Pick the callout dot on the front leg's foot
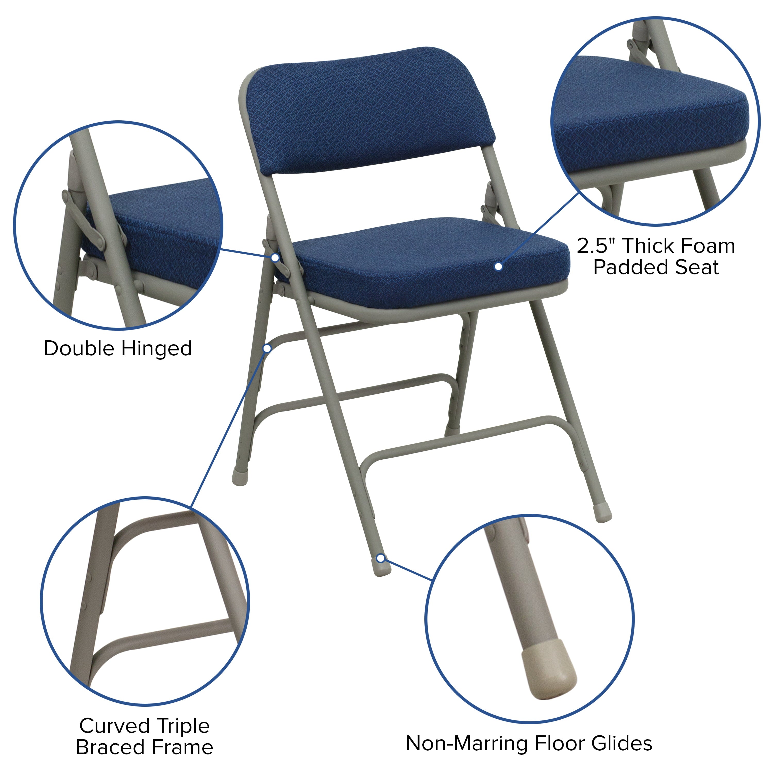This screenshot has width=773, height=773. coord(381,558)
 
